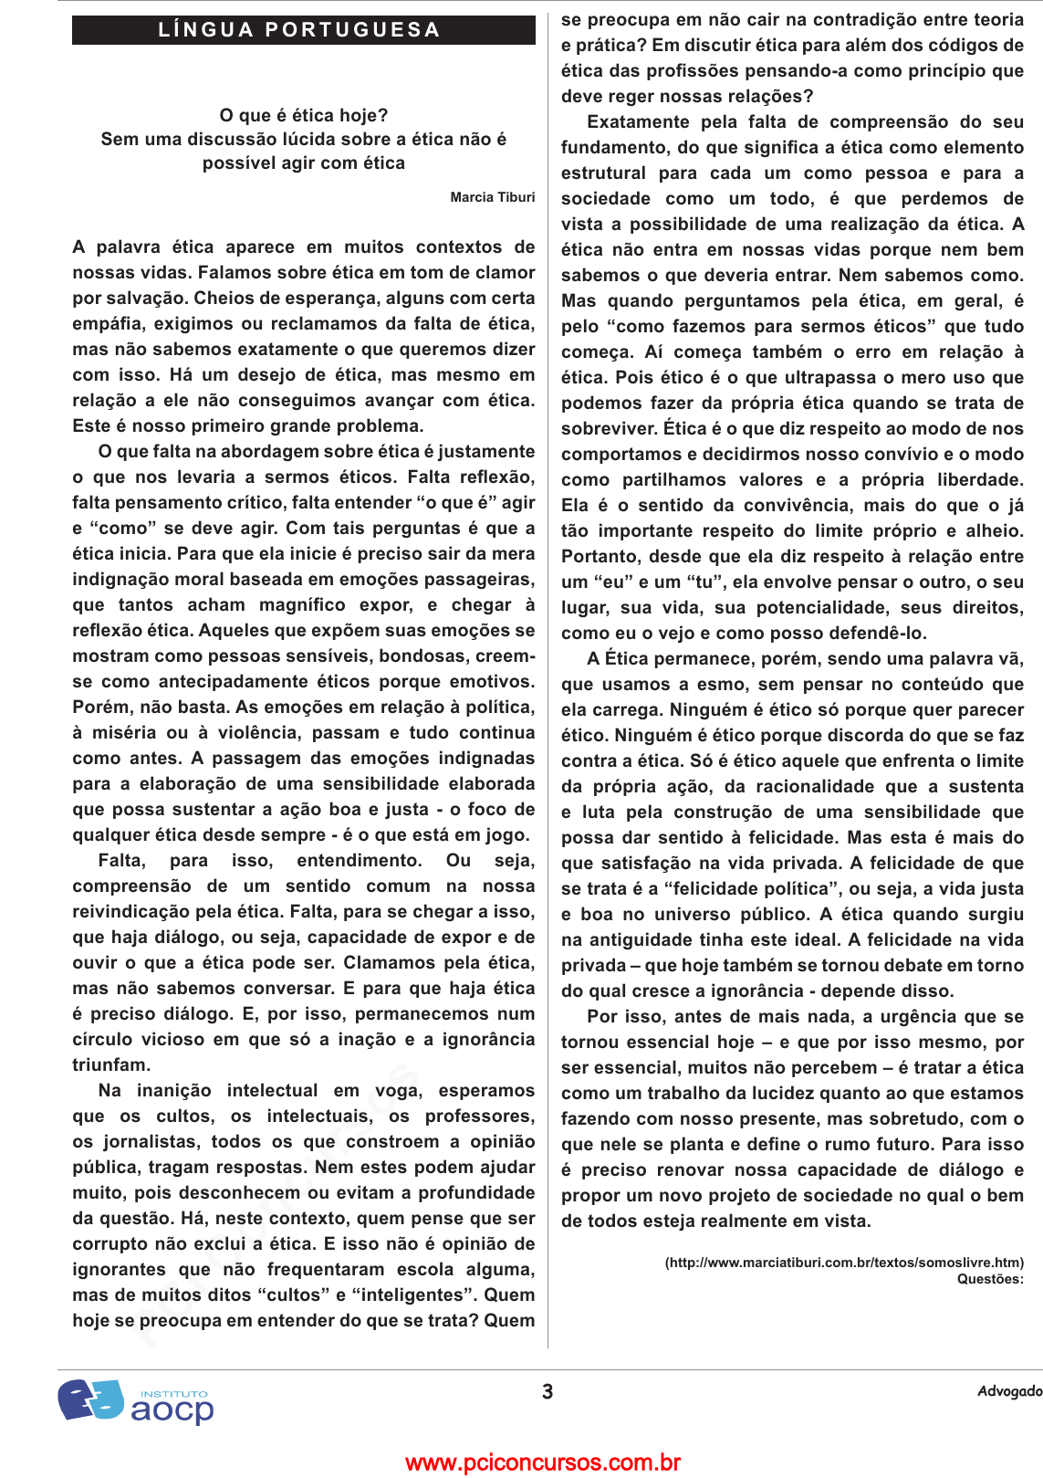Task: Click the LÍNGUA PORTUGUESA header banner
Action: [303, 30]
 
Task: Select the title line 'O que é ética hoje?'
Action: [303, 116]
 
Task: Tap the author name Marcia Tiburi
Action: [492, 197]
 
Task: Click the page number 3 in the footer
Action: [548, 1392]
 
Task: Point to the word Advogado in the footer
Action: [1009, 1391]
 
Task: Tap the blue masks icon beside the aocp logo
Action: [90, 1400]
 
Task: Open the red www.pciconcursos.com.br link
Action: [543, 1462]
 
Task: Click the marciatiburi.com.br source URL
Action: [844, 1263]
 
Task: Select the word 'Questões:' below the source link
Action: [990, 1279]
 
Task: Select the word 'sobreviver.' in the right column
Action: [608, 429]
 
